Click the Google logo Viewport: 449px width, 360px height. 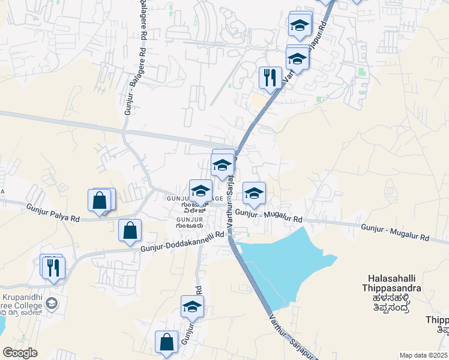20,353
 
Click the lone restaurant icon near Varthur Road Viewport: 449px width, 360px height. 270,77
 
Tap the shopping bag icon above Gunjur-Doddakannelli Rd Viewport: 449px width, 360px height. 130,230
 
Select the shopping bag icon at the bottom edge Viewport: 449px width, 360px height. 167,342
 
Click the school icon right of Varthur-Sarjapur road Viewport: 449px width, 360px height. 255,193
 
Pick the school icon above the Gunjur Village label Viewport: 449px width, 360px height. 200,190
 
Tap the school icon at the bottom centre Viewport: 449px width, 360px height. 193,306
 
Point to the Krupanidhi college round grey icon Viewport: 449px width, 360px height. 52,303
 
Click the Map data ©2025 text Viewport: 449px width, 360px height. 424,355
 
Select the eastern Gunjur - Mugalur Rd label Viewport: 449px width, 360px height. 395,232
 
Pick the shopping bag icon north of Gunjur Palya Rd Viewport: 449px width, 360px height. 100,200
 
